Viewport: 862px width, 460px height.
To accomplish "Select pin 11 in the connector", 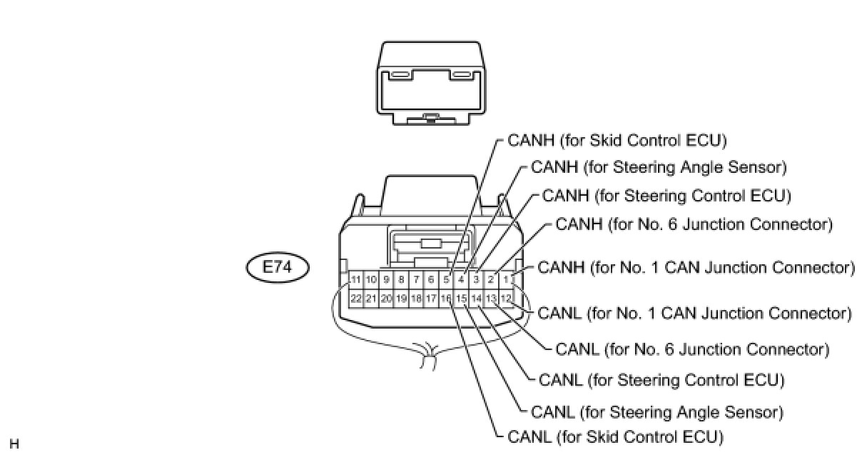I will tap(356, 279).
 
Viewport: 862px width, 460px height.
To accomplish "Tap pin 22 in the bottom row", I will tap(356, 298).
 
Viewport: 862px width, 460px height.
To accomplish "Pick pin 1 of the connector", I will tap(506, 279).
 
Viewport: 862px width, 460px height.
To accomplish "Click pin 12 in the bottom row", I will tap(506, 298).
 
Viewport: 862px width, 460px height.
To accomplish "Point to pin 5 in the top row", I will tap(446, 279).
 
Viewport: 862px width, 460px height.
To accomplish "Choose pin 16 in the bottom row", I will tap(446, 298).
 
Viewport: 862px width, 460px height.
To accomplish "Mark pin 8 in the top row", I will tap(401, 279).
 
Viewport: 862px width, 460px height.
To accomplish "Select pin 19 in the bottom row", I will tap(401, 298).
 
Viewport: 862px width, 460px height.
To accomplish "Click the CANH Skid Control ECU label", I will tap(617, 140).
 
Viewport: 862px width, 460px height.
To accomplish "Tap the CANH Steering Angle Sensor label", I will tap(659, 168).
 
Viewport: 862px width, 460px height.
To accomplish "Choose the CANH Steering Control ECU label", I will tap(666, 196).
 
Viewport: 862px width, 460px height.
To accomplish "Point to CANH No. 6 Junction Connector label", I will tap(694, 224).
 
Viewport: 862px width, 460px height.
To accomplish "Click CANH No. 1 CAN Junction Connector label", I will tap(696, 268).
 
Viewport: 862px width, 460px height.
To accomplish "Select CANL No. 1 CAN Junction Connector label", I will tap(694, 313).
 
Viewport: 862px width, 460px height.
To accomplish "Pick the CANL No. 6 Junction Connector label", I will tap(691, 350).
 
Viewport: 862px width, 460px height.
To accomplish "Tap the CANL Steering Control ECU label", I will tap(661, 380).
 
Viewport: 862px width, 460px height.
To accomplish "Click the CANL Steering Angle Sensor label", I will tap(657, 412).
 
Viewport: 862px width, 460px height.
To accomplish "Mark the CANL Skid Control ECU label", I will tap(615, 436).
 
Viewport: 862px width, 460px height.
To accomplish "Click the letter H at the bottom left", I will tap(14, 444).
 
